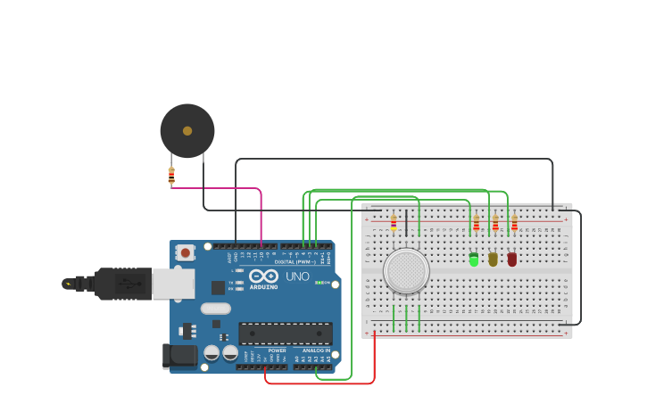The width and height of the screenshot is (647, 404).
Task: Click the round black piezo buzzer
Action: click(187, 131)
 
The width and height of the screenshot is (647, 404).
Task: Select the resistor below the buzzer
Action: click(171, 176)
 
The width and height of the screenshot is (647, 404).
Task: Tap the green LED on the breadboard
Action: click(474, 260)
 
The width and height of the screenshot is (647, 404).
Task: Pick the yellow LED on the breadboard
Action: click(493, 260)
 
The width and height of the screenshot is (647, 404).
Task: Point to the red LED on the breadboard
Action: click(512, 260)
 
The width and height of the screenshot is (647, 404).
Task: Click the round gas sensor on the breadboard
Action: click(406, 270)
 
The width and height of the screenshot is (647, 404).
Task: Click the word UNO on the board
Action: click(298, 276)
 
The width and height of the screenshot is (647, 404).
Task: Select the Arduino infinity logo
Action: click(263, 276)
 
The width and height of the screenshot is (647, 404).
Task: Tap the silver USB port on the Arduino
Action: click(173, 284)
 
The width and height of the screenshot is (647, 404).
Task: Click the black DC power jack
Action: click(180, 355)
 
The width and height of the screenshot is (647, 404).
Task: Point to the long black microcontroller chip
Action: click(285, 334)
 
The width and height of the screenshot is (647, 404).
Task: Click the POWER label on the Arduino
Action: click(277, 350)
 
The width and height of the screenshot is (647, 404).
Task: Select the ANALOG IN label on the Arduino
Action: click(316, 350)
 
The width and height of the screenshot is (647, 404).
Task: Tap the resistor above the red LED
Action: click(514, 222)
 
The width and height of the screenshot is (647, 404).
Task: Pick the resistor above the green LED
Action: click(477, 222)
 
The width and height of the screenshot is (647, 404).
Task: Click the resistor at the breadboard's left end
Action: click(394, 222)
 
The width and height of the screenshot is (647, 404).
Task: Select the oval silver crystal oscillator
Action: click(216, 309)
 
